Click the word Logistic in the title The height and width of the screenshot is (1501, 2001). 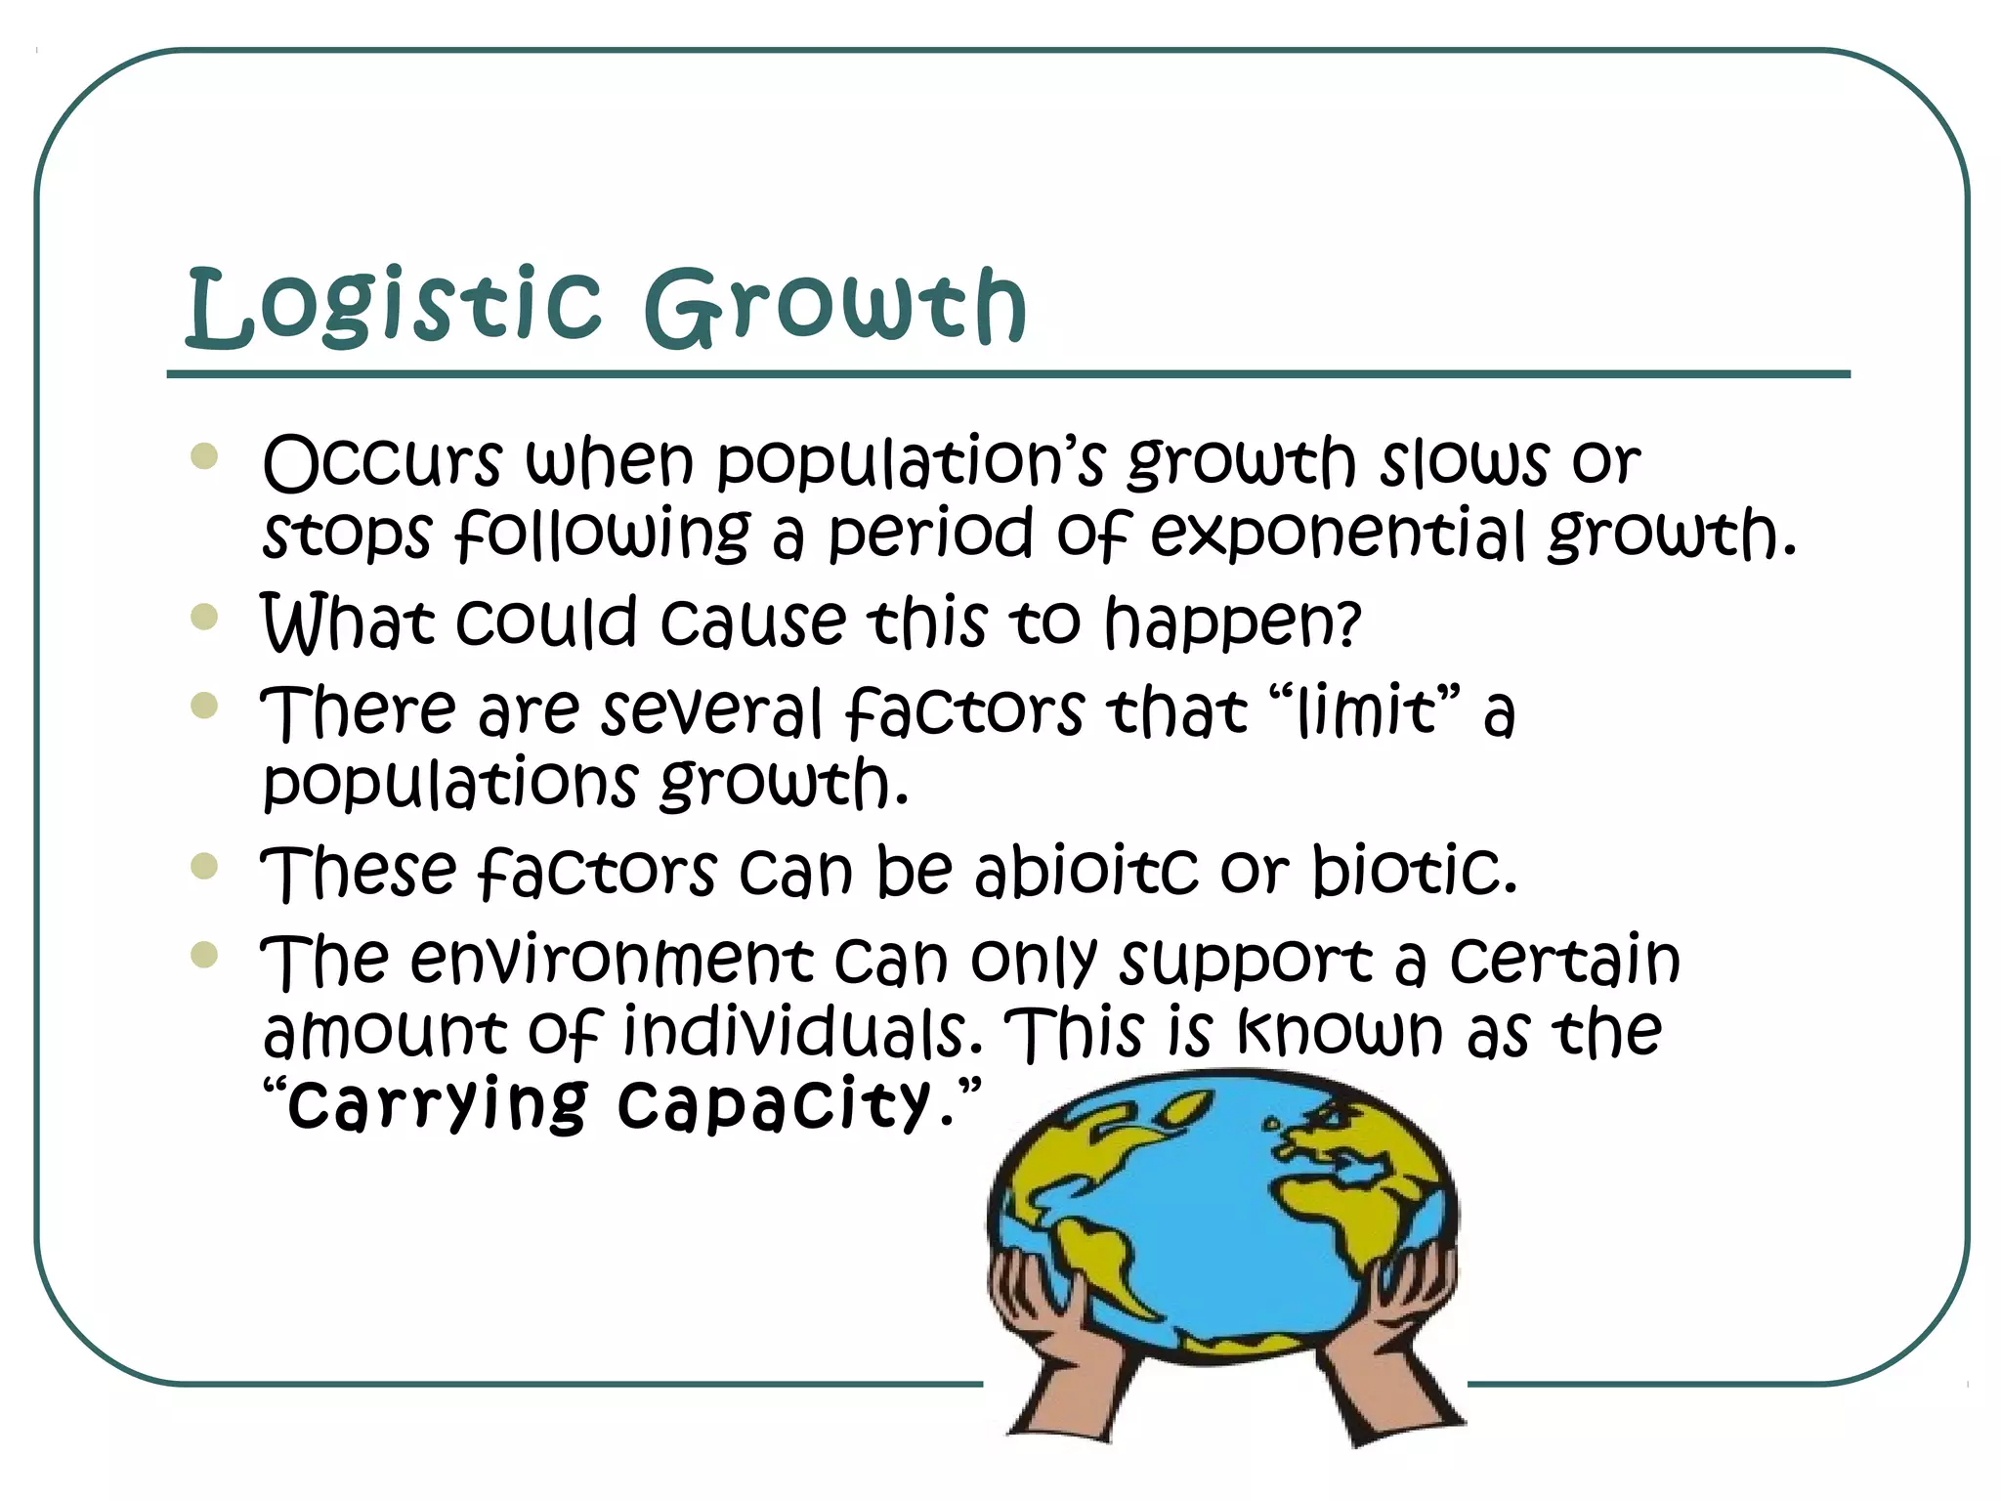393,307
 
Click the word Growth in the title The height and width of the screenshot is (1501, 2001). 835,307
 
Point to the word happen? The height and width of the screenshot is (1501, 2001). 1232,623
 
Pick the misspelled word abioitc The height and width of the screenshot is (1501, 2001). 1086,870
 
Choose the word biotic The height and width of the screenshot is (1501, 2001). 1413,870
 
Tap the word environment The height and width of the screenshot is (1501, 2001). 612,960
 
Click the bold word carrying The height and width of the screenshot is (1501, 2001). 438,1104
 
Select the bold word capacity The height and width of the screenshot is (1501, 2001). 774,1104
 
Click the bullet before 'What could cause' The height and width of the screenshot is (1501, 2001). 204,617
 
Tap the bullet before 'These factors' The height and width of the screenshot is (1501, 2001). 204,866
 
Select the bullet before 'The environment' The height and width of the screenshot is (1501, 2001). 204,954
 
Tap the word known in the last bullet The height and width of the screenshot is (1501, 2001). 1340,1032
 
